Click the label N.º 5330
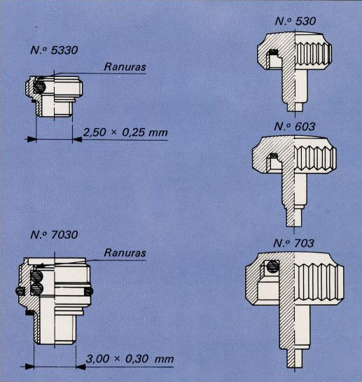pos(54,50)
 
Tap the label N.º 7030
pos(54,234)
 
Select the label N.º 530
pos(295,21)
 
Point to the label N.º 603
pos(295,127)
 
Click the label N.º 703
pos(293,243)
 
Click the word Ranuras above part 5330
pos(125,66)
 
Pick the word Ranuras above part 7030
pos(125,253)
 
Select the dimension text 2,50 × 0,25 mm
pos(125,132)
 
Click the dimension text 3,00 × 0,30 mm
pos(130,359)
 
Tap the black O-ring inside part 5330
pos(39,86)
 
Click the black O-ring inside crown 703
pos(273,267)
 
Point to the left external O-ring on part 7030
pos(20,290)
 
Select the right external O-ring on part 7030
pos(89,291)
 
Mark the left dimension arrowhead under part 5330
pos(32,139)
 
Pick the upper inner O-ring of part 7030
pos(37,276)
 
